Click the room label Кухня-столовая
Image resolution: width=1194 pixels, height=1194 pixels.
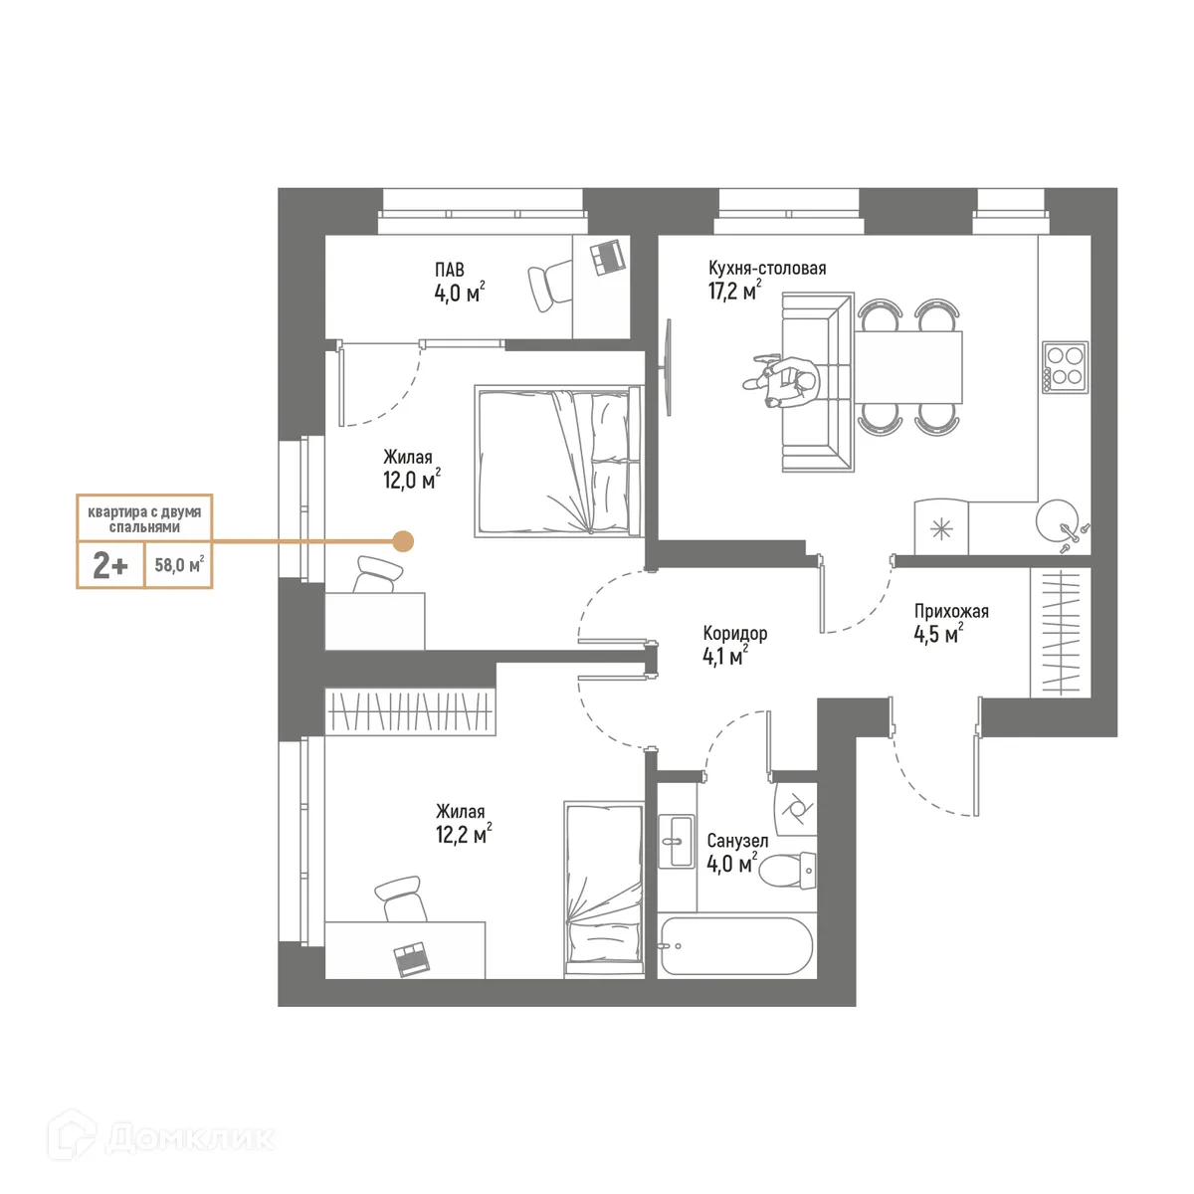(766, 269)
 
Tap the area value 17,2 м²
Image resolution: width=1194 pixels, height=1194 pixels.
(734, 292)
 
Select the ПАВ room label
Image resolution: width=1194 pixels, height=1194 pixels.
(449, 270)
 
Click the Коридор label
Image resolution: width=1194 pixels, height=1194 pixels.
(734, 634)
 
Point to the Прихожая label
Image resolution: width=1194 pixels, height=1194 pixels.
(951, 612)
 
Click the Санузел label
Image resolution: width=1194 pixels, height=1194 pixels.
(737, 841)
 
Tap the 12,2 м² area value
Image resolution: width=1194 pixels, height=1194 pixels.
(463, 835)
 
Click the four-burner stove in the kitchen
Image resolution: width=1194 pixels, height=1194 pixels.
(1065, 366)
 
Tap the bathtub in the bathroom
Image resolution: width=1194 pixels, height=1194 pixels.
(735, 946)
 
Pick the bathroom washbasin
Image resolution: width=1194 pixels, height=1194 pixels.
(677, 841)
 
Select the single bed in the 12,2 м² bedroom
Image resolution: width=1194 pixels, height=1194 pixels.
(603, 886)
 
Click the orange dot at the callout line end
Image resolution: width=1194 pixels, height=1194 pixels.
(403, 541)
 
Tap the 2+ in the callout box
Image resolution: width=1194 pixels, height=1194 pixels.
(110, 566)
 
